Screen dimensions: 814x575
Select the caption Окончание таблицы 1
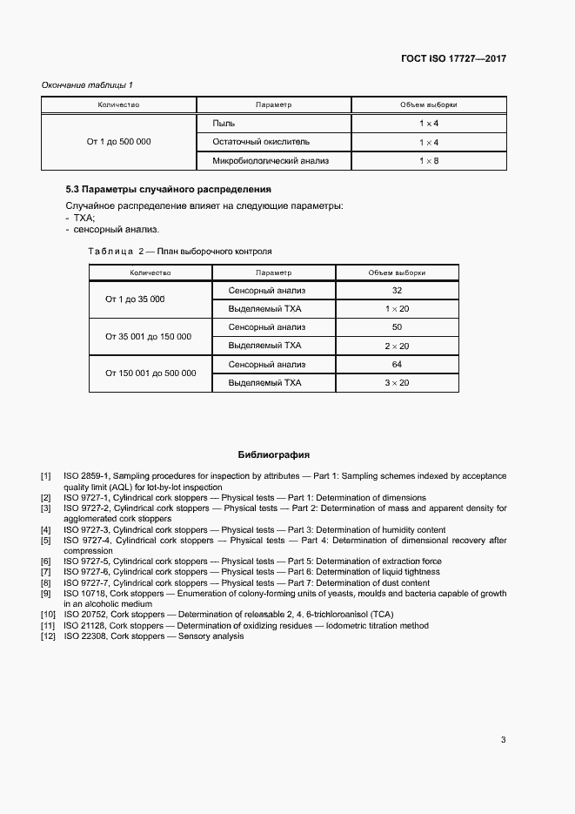88,84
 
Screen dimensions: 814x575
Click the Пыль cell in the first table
224,124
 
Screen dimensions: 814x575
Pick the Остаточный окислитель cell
261,141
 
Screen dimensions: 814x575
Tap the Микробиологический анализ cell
271,161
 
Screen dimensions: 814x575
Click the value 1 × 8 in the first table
428,161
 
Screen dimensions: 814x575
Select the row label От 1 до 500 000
118,141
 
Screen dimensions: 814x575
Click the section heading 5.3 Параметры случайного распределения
168,189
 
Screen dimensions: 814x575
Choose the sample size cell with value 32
397,290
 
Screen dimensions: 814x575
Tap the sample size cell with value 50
397,327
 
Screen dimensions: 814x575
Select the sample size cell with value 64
397,364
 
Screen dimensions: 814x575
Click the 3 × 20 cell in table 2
397,382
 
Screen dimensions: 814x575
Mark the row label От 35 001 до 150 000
149,336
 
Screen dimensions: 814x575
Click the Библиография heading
274,454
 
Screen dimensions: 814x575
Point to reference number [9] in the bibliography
46,594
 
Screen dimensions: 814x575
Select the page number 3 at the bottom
503,740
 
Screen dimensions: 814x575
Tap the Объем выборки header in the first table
428,104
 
